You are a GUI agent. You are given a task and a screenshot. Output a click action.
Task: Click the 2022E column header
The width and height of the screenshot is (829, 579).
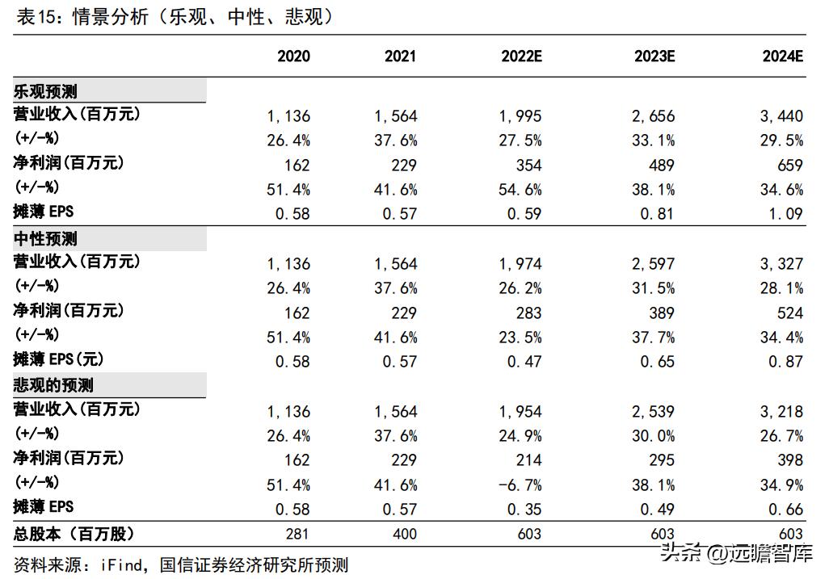click(520, 57)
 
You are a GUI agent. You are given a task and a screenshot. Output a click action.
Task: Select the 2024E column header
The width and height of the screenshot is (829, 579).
click(782, 57)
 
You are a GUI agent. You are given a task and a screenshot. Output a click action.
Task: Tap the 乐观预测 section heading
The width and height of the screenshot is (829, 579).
click(45, 91)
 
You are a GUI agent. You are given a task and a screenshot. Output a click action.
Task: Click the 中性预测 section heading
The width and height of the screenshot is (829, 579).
click(45, 239)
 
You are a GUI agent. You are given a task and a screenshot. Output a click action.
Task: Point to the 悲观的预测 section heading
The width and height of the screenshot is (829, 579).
click(53, 386)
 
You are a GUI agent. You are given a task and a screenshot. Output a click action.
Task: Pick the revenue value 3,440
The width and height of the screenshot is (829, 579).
click(781, 116)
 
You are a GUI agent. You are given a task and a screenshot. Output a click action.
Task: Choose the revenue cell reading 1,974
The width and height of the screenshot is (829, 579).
click(520, 264)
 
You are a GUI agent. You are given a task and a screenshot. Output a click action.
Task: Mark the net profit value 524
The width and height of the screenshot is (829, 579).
click(789, 313)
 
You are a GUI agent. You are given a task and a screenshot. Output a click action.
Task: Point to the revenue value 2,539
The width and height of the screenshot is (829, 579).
click(653, 412)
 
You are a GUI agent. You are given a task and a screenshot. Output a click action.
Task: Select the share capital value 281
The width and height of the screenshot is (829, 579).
click(297, 534)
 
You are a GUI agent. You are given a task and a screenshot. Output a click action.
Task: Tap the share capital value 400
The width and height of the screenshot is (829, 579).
click(404, 534)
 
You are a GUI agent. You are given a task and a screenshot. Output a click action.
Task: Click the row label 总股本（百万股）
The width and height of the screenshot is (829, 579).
click(74, 534)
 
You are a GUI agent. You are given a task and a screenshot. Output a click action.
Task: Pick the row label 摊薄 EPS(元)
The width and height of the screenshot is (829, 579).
click(59, 360)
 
